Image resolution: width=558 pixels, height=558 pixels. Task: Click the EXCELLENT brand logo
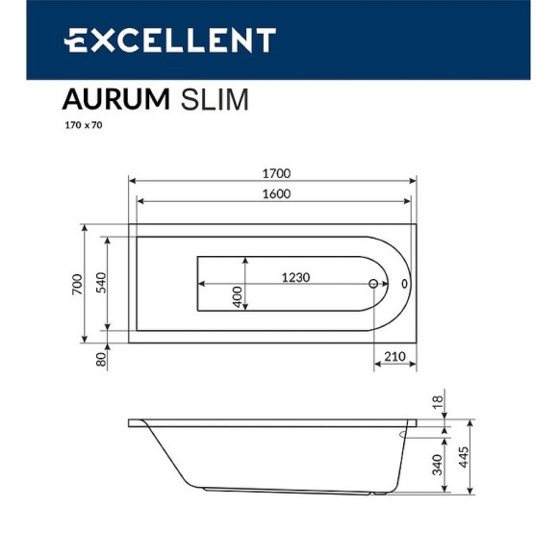pos(169,40)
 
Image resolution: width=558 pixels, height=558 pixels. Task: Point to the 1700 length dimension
pos(273,173)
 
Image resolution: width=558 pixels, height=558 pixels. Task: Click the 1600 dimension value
pos(273,194)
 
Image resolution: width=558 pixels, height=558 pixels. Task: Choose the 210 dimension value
pos(393,357)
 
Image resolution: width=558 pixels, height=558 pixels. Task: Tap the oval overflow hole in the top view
pos(404,285)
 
